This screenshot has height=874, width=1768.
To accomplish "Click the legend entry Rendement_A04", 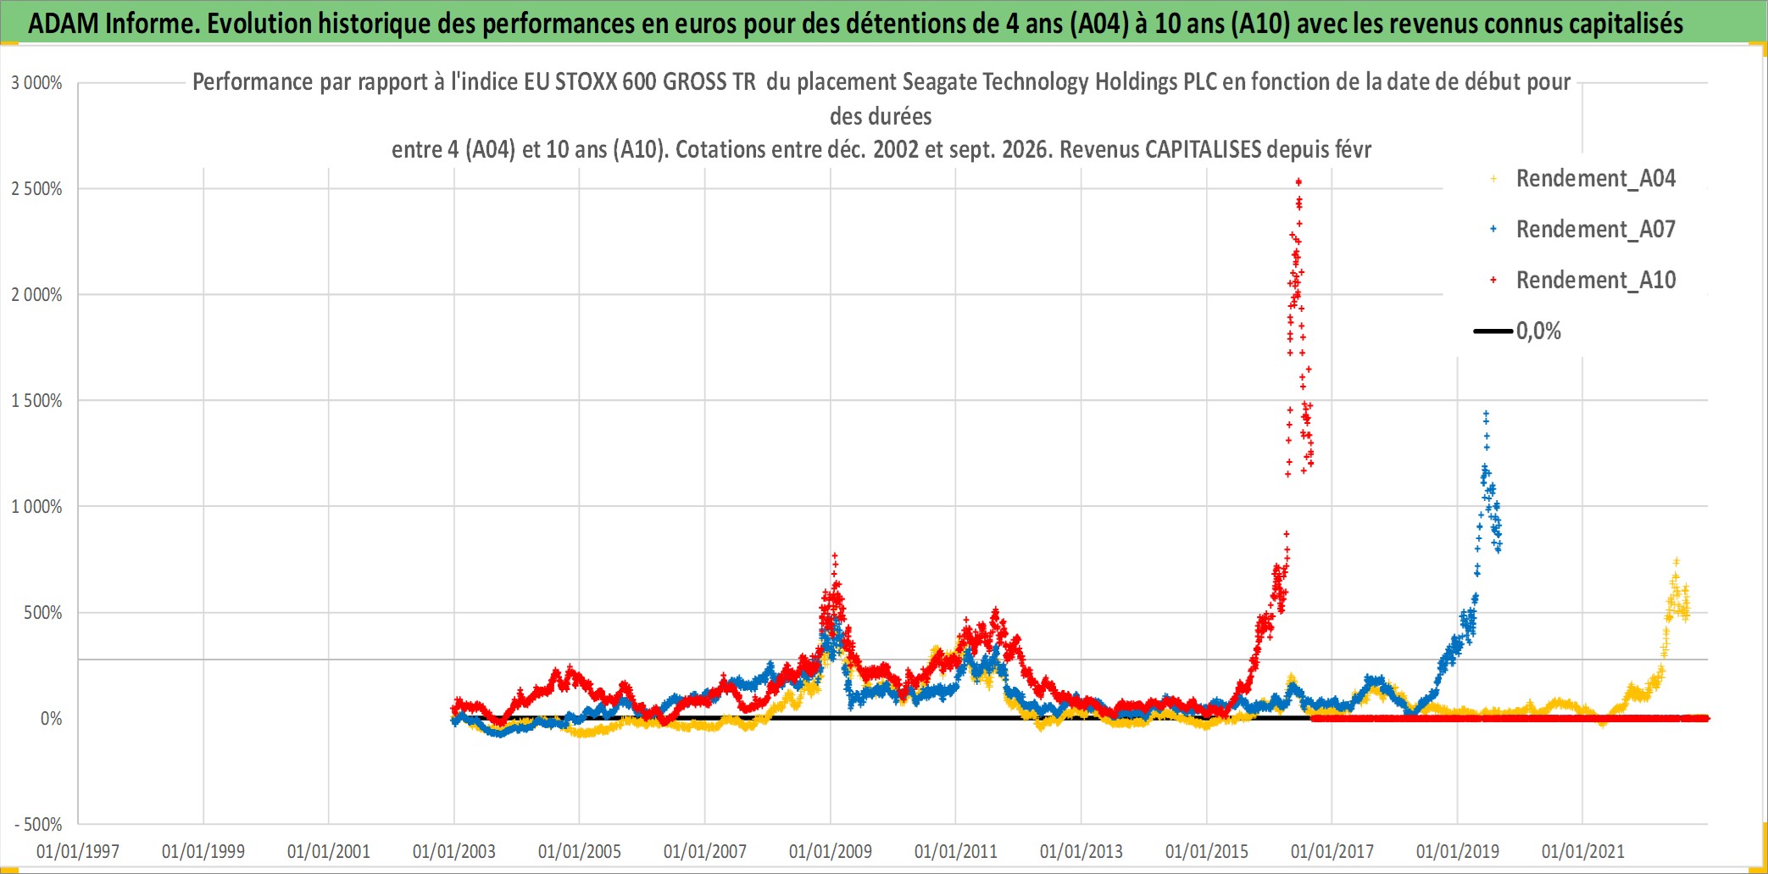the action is [1595, 178].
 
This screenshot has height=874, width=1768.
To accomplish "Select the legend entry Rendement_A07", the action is [1595, 229].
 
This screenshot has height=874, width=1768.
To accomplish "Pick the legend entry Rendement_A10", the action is [1595, 280].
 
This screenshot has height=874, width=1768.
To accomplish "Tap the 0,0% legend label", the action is [1538, 331].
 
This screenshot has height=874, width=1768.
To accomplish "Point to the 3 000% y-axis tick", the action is [36, 83].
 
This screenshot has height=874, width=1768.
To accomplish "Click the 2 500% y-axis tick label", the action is [36, 189].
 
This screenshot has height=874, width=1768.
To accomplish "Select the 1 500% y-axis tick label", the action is [36, 401].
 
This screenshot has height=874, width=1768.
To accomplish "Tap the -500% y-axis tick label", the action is [38, 824].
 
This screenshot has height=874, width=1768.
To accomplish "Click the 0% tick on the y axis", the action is [52, 719].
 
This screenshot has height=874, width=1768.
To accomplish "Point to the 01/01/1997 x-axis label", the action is [78, 851].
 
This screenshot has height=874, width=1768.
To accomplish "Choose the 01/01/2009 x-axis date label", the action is [831, 851].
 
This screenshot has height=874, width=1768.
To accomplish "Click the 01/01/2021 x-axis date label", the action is [1583, 851].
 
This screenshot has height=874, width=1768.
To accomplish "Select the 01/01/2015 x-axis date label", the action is [1207, 851].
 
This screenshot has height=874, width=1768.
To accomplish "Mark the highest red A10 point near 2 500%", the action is [1298, 181].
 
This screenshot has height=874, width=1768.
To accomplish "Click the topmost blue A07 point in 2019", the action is [1486, 414].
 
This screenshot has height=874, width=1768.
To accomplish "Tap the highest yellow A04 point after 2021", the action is [1676, 561].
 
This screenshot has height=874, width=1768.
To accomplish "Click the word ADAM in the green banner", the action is [64, 24].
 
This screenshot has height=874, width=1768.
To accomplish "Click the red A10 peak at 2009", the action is [834, 555].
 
